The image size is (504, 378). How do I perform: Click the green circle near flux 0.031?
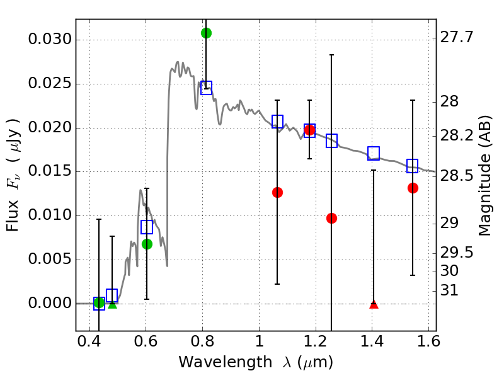[x=206, y=33]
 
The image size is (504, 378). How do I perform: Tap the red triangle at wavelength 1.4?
[x=374, y=304]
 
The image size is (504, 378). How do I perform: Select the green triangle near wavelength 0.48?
[x=112, y=304]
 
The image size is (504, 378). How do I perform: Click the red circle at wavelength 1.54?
[x=413, y=188]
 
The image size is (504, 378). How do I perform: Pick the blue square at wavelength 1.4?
[x=374, y=153]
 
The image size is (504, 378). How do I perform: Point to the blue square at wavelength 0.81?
[x=206, y=88]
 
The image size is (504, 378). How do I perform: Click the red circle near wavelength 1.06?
[x=277, y=192]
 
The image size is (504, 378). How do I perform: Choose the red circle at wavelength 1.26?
[x=331, y=218]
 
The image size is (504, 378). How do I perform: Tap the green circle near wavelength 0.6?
[x=147, y=244]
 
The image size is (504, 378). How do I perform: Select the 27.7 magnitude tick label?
[x=458, y=38]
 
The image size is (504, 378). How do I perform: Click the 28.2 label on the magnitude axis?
[x=458, y=136]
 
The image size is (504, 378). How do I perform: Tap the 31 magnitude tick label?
[x=450, y=291]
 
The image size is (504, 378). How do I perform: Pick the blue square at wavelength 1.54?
[x=413, y=166]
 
